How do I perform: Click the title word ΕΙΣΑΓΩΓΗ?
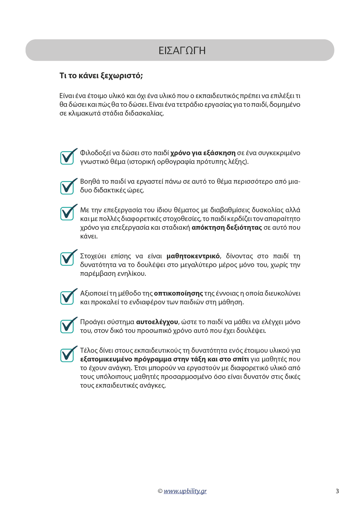tap(182, 50)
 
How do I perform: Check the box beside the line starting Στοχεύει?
tap(67, 258)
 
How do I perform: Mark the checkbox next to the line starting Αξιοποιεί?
tap(67, 297)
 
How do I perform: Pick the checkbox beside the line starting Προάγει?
tap(67, 326)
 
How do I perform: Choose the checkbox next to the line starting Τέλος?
tap(67, 355)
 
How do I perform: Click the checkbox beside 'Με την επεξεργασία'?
tap(67, 213)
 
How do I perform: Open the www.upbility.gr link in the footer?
tap(185, 491)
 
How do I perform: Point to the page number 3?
tap(337, 491)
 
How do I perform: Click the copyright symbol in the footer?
tap(160, 491)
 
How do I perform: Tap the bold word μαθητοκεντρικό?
tap(193, 256)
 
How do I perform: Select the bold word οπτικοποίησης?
tap(178, 294)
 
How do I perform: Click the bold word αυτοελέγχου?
tap(157, 322)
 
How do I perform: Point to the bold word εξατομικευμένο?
tap(106, 359)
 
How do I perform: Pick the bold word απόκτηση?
tap(208, 228)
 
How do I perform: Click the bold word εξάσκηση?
tap(219, 153)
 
